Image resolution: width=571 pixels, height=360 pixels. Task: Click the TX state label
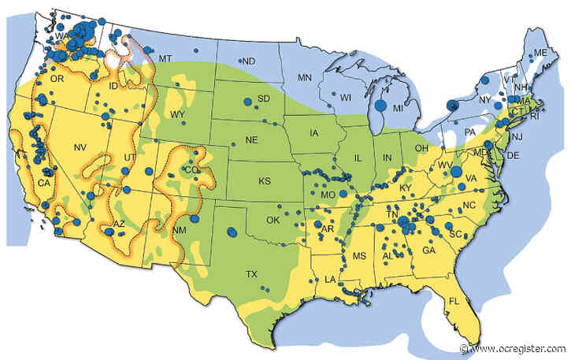[251, 275]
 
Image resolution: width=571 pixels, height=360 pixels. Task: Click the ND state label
[248, 61]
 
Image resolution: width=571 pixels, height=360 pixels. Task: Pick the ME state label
[540, 53]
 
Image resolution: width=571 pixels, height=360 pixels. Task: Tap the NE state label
[252, 139]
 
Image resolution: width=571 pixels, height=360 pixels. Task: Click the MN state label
[305, 77]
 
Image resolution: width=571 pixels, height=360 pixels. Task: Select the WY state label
[178, 115]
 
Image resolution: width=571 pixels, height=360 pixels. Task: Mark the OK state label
[273, 220]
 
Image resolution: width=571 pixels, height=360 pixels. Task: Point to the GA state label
[429, 250]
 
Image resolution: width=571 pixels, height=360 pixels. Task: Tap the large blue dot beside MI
[380, 105]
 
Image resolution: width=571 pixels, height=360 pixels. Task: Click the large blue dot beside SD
[248, 102]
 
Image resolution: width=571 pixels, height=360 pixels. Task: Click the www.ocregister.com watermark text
[521, 348]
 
